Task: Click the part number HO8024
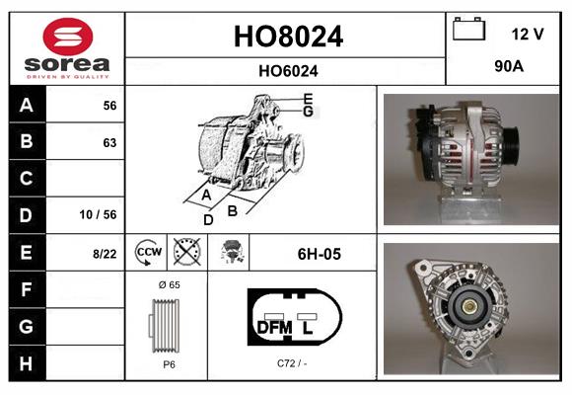pyautogui.click(x=287, y=37)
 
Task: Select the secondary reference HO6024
pyautogui.click(x=287, y=71)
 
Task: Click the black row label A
pyautogui.click(x=26, y=106)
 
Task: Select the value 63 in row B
pyautogui.click(x=109, y=142)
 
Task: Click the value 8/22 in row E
pyautogui.click(x=105, y=254)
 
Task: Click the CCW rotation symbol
pyautogui.click(x=147, y=254)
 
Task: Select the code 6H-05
pyautogui.click(x=318, y=254)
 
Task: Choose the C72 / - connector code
pyautogui.click(x=293, y=363)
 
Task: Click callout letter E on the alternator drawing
pyautogui.click(x=308, y=99)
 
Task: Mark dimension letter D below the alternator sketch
pyautogui.click(x=208, y=220)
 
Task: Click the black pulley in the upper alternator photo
pyautogui.click(x=514, y=134)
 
